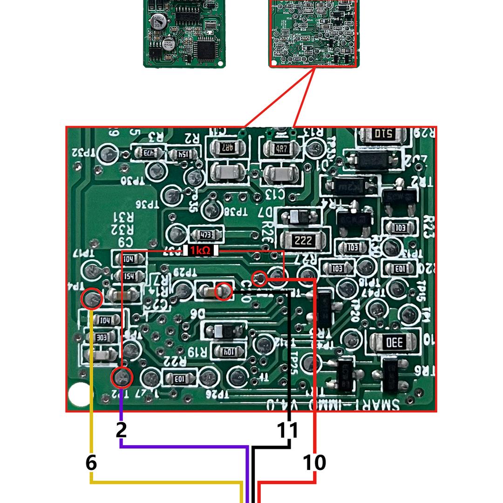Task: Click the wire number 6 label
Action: pyautogui.click(x=91, y=462)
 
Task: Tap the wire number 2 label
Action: pyautogui.click(x=121, y=430)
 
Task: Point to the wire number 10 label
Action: pyautogui.click(x=314, y=462)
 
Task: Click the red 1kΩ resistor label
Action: pyautogui.click(x=201, y=251)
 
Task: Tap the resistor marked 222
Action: pyautogui.click(x=303, y=240)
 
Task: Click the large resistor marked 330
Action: pyautogui.click(x=393, y=343)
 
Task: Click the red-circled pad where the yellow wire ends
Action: pyautogui.click(x=92, y=299)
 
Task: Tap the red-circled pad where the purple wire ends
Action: pyautogui.click(x=122, y=377)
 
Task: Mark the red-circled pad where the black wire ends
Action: pyautogui.click(x=224, y=292)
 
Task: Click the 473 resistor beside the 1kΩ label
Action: pyautogui.click(x=203, y=234)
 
